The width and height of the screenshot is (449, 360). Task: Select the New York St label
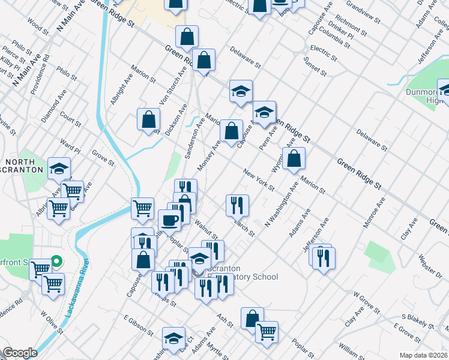point(259,181)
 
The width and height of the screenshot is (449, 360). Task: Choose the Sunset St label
point(315,65)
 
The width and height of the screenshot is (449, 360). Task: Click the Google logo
point(20,353)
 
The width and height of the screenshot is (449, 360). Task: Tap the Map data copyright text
point(424,355)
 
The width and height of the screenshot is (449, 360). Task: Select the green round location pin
point(56,261)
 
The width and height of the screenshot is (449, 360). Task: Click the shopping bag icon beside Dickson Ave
point(148,119)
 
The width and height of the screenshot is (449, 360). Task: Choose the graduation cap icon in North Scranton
point(59,169)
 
